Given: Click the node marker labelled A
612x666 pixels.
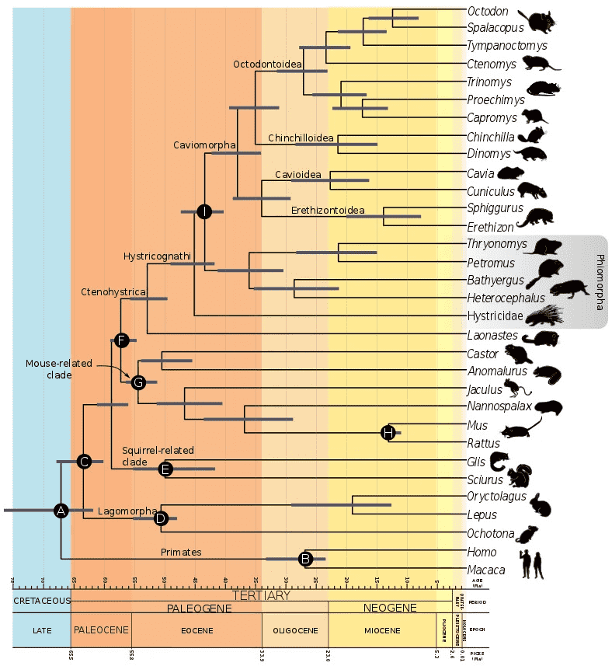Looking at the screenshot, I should coord(61,511).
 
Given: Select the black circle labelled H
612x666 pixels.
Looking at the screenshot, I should coord(388,433).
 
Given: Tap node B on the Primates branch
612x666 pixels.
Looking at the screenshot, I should coord(306,559).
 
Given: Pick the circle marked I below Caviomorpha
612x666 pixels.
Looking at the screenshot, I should coord(203,211).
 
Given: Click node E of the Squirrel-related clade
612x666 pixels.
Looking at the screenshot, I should coord(165,469).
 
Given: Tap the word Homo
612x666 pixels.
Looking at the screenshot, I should coord(482,551).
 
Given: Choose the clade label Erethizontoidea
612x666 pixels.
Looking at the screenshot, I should coord(327,211).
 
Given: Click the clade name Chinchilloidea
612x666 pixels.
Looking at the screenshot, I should coord(301,138).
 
